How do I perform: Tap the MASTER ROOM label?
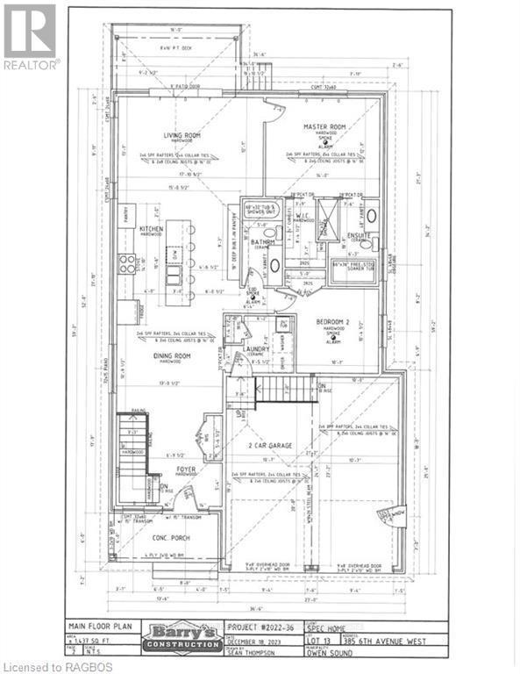[x=321, y=127]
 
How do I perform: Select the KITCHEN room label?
[x=153, y=229]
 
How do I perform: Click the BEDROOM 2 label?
[x=333, y=323]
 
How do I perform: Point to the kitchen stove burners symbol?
[x=127, y=263]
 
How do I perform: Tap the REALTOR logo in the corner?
[x=31, y=35]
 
